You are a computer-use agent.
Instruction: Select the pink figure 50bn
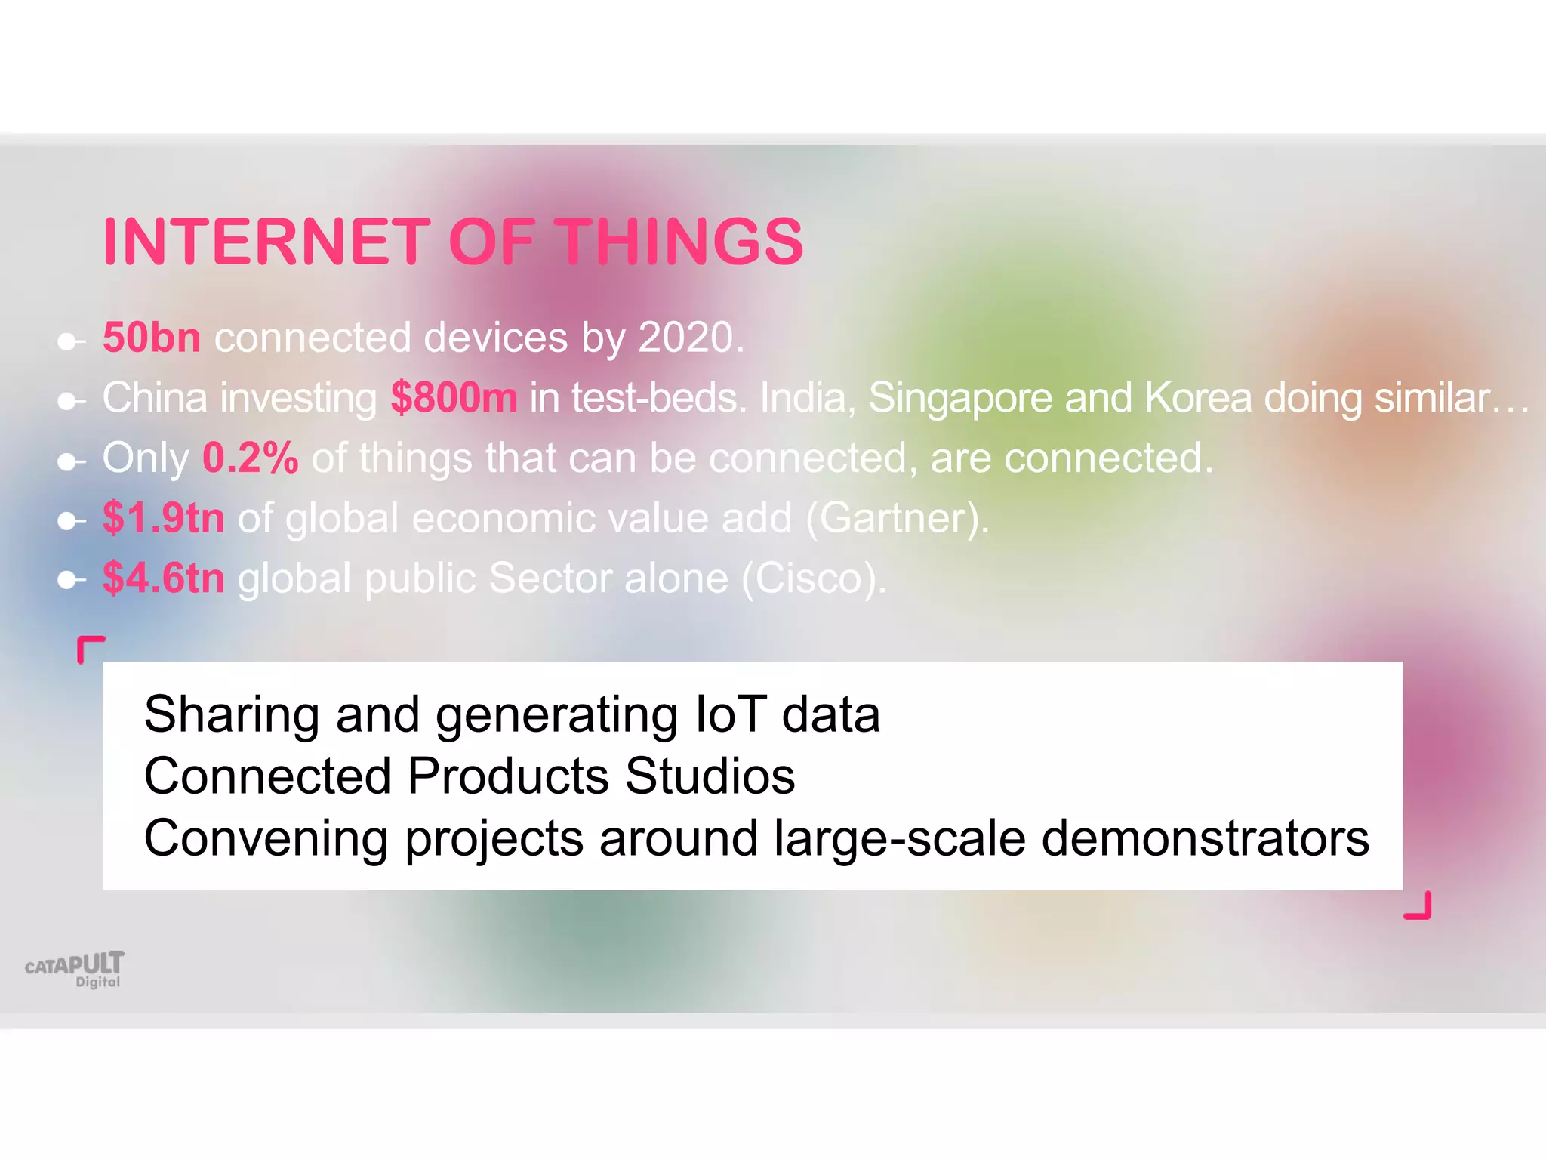click(152, 337)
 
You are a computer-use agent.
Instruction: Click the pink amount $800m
click(454, 397)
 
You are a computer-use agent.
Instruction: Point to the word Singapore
click(959, 397)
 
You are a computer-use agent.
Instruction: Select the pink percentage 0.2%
click(251, 458)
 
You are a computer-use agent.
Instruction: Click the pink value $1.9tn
click(164, 518)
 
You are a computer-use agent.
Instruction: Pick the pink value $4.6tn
click(164, 578)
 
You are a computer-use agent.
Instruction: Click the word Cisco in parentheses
click(809, 578)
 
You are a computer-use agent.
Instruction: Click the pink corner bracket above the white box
click(90, 648)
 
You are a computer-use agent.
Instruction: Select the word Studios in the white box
click(710, 776)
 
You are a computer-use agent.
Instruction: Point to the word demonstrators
click(1205, 838)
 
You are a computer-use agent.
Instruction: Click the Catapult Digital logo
click(75, 969)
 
